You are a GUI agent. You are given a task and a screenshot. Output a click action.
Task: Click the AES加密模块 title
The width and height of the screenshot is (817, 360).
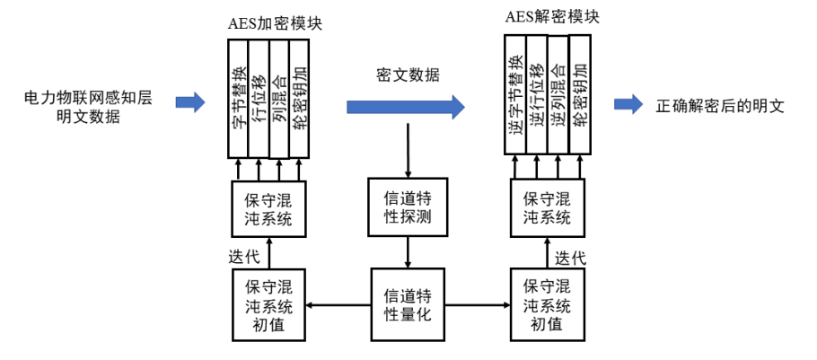coord(275,24)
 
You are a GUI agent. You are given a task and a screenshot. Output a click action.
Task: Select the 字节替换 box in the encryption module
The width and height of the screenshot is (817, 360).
coord(238,99)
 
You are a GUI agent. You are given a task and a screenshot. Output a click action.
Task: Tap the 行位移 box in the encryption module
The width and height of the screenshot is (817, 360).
coord(259,99)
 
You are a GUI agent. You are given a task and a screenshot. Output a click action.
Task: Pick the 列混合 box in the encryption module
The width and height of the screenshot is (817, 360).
coord(279,99)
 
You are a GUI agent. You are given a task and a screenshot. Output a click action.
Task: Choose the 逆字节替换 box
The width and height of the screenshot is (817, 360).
coord(514,93)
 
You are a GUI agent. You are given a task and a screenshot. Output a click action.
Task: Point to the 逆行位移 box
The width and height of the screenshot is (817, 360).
coord(536,93)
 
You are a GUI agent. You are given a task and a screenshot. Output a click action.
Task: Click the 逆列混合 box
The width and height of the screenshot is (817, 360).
coord(558,93)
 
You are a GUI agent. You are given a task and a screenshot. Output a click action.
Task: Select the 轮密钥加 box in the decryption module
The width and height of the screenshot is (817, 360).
coord(579,93)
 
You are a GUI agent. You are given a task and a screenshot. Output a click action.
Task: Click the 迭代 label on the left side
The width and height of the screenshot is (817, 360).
coord(245,256)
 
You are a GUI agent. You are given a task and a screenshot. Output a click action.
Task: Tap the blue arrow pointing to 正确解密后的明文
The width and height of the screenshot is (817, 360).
coord(629,104)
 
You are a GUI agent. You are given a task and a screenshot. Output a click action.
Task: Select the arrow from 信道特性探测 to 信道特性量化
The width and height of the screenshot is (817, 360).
coord(408,253)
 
